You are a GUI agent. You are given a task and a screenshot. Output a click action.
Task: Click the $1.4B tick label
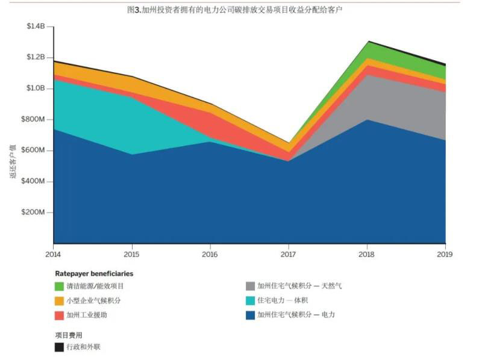point(36,26)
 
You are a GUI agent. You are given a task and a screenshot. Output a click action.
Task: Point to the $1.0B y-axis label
point(36,88)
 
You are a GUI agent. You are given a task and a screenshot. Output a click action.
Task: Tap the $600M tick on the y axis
point(34,151)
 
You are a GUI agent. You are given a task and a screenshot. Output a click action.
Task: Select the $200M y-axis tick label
point(34,213)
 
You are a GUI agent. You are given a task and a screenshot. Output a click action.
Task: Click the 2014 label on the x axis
point(54,254)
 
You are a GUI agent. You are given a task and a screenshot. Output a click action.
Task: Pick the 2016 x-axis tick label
point(210,254)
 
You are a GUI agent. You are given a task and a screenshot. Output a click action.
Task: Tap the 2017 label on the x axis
point(288,254)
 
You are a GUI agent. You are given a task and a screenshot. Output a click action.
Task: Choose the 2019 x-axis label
point(445,254)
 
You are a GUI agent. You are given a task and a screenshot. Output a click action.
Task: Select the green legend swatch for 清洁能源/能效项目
point(59,286)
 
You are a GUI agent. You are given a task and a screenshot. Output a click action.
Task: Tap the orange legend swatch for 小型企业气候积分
point(59,300)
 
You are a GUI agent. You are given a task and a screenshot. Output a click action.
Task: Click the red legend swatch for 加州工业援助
point(59,315)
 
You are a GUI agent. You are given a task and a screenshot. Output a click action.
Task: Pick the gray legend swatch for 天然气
point(250,286)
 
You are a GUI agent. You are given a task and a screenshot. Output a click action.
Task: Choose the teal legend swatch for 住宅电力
point(250,300)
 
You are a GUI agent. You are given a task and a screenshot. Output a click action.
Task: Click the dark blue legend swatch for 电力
point(250,315)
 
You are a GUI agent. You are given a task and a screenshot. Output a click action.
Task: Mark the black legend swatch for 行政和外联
point(59,347)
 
